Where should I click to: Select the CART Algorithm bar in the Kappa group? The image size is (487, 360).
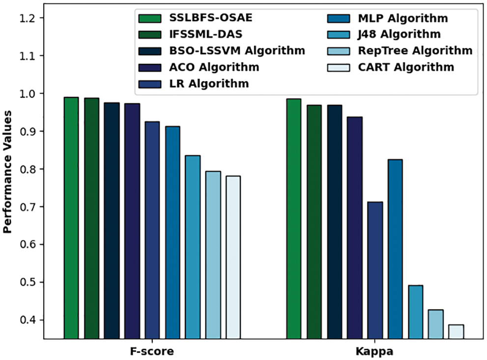(x=456, y=331)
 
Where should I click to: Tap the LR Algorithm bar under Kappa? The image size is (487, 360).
(x=375, y=270)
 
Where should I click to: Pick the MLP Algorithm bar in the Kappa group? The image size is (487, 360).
(x=395, y=249)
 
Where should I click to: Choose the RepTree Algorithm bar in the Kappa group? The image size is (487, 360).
(x=436, y=324)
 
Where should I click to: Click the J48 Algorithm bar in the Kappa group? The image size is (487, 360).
(x=416, y=312)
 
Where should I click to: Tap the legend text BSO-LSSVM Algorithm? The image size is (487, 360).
(x=236, y=51)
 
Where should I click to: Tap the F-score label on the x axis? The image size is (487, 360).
(x=152, y=352)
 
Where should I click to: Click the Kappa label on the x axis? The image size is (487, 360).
(x=375, y=352)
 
